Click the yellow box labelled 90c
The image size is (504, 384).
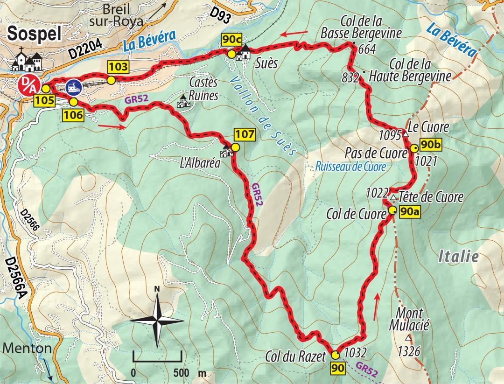pos(231,41)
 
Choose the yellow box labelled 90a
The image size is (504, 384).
pos(410,212)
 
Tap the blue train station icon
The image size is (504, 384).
pos(74,86)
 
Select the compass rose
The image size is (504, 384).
pos(157,320)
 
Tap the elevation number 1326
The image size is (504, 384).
pos(409,350)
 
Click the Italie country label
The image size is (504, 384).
pos(459,256)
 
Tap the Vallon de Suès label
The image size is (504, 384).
pos(264,114)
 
